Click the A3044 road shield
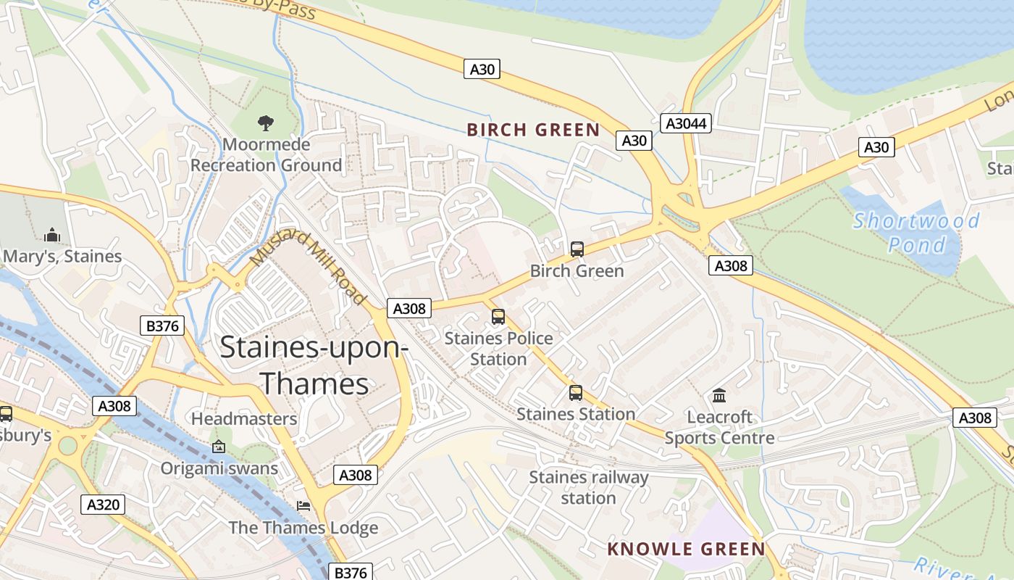pyautogui.click(x=686, y=123)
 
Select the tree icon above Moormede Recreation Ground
pyautogui.click(x=266, y=123)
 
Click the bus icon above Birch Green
pyautogui.click(x=577, y=249)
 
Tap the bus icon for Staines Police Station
pyautogui.click(x=498, y=317)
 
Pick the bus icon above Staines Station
pyautogui.click(x=576, y=393)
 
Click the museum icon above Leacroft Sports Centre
pyautogui.click(x=719, y=396)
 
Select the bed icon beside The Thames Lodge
pyautogui.click(x=303, y=506)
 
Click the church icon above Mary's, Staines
pyautogui.click(x=51, y=235)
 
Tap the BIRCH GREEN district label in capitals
pyautogui.click(x=533, y=130)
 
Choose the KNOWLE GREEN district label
pyautogui.click(x=686, y=549)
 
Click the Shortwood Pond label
pyautogui.click(x=917, y=232)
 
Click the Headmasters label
pyautogui.click(x=244, y=419)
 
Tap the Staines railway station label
pyautogui.click(x=588, y=487)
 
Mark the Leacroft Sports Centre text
pyautogui.click(x=719, y=428)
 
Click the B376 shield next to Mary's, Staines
pyautogui.click(x=162, y=326)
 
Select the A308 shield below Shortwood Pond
pyautogui.click(x=730, y=266)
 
